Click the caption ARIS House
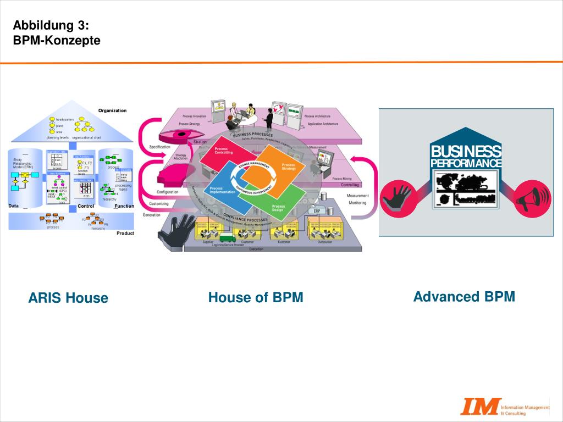pos(68,298)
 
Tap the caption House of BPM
pos(256,297)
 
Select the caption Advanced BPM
pos(464,297)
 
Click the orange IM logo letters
pos(481,406)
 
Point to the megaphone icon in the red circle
pos(533,198)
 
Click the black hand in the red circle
pos(398,198)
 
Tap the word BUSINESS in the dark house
pos(466,151)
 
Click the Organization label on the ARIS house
pos(112,110)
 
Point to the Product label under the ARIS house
pos(125,233)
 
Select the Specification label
pos(160,147)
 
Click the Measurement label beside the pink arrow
pos(357,196)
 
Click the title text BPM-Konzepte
pos(57,40)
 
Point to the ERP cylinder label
pos(317,210)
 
